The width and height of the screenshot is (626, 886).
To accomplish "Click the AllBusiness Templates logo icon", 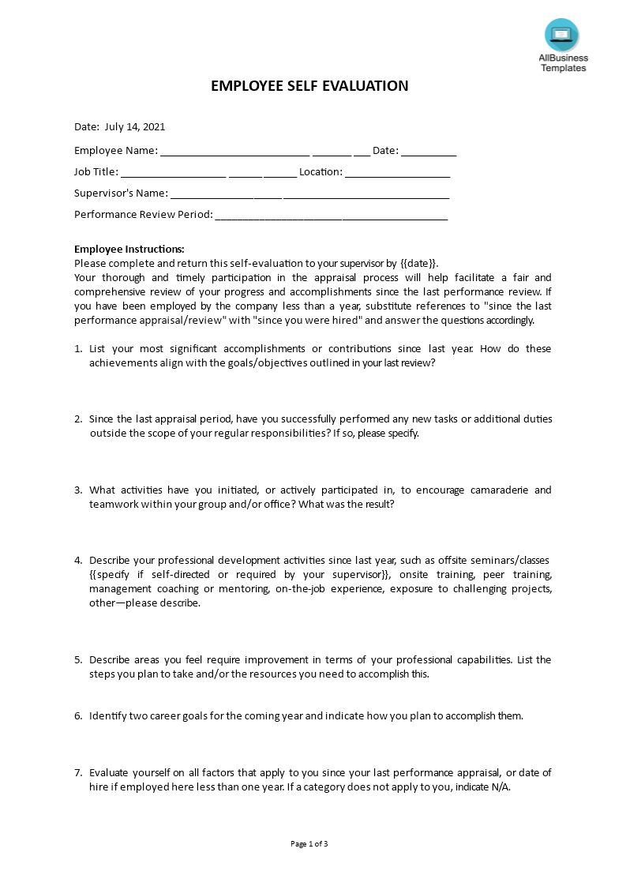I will (561, 35).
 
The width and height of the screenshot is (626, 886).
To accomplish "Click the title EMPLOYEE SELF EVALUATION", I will (309, 86).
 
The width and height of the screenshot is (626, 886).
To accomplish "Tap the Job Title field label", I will (96, 171).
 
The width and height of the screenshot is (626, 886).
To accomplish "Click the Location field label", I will (320, 171).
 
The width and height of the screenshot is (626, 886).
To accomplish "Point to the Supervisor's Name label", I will (121, 193).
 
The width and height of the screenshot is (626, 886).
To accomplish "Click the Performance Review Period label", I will (144, 214).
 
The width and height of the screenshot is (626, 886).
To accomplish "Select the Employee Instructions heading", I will (129, 250).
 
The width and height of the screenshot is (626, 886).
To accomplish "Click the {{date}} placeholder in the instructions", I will (419, 264).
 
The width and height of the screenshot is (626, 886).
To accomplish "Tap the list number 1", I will (78, 349).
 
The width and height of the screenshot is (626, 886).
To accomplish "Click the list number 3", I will (78, 490).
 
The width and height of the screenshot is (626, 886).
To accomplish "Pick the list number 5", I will (78, 660).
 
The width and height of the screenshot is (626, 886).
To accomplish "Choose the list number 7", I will (78, 773).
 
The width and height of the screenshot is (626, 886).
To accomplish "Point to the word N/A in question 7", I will (498, 787).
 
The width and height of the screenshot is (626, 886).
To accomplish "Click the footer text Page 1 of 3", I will (309, 844).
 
